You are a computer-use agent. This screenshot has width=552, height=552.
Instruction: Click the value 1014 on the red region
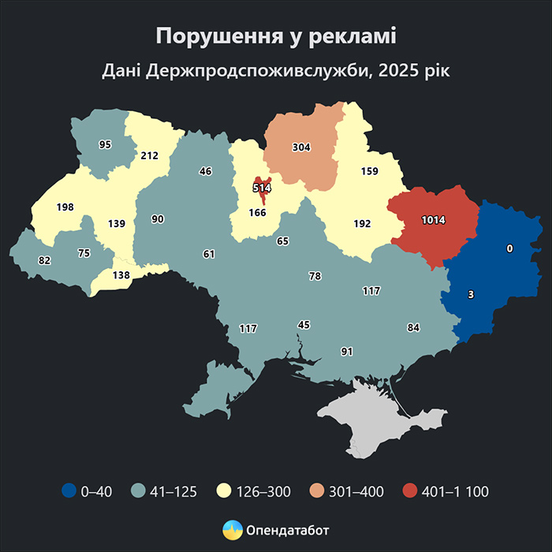[434, 220]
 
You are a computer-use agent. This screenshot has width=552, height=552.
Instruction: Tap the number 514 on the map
[262, 188]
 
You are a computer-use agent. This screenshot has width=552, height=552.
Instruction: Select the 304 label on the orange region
[301, 147]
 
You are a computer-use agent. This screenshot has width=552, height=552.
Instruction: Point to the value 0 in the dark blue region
[509, 248]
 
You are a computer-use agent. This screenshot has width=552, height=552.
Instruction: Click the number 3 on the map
[471, 294]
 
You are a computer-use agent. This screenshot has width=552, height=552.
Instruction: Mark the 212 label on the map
[150, 155]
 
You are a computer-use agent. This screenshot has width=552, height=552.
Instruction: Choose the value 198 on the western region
[65, 207]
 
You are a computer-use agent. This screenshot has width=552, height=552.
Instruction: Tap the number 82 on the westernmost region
[44, 260]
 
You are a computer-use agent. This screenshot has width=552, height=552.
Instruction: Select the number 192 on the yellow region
[362, 224]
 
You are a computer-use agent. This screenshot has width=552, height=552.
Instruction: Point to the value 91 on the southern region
[346, 350]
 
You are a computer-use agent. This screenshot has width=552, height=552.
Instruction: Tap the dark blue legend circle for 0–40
[69, 491]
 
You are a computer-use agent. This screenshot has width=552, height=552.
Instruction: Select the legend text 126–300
[266, 491]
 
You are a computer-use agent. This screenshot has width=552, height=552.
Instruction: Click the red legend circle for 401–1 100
[408, 491]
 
